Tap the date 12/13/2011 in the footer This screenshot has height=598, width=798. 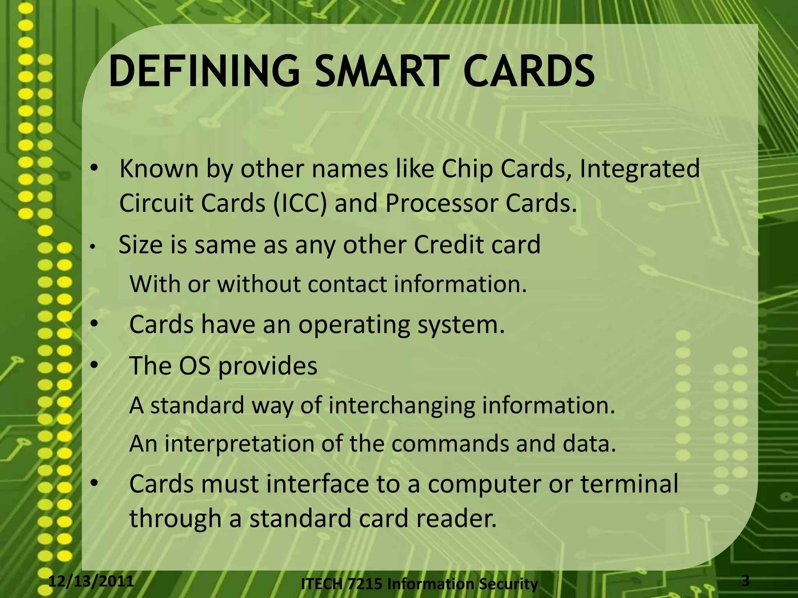coord(91,581)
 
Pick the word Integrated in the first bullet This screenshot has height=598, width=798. coord(639,170)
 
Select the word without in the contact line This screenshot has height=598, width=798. coord(259,284)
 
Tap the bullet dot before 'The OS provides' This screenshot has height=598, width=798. coord(94,365)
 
